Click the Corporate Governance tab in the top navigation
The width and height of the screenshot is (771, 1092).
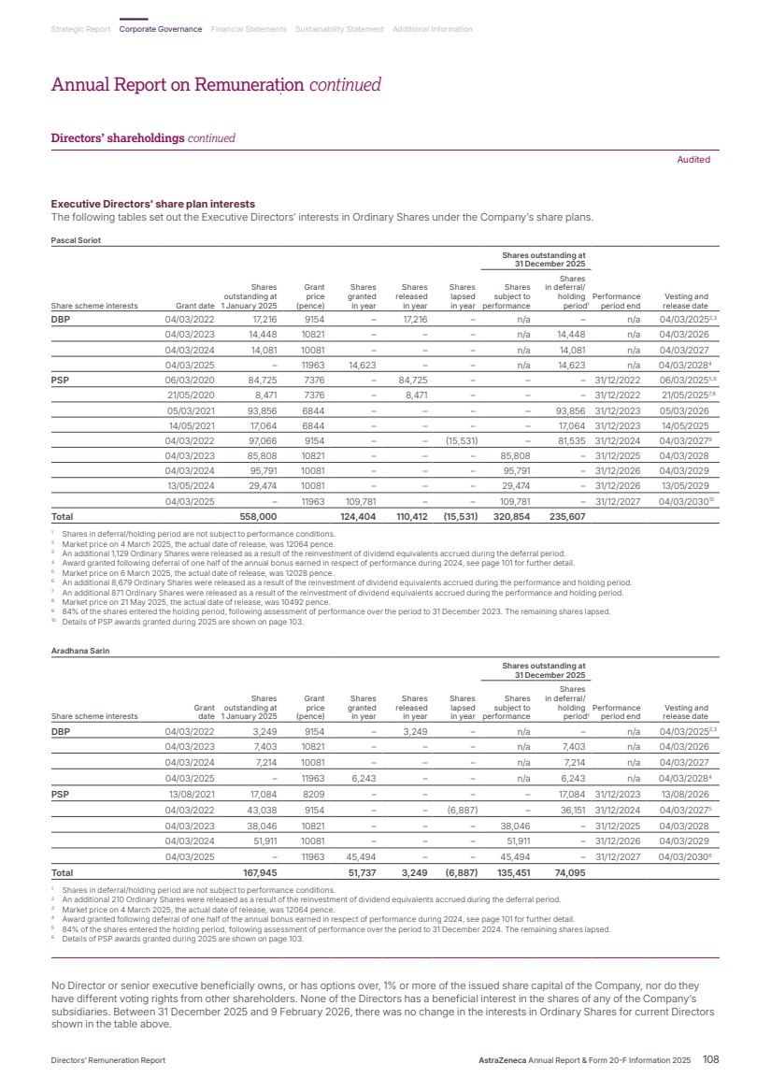click(x=161, y=29)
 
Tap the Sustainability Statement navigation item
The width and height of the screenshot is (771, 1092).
click(x=339, y=29)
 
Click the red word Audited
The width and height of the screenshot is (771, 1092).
click(x=693, y=160)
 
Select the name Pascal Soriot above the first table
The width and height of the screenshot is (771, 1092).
click(x=75, y=240)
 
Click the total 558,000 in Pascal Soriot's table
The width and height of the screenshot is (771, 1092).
click(x=258, y=515)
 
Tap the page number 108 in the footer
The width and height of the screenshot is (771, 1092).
click(x=710, y=1060)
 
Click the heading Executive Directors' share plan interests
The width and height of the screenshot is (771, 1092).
click(x=152, y=204)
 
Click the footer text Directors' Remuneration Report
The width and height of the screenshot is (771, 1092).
click(x=108, y=1061)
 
